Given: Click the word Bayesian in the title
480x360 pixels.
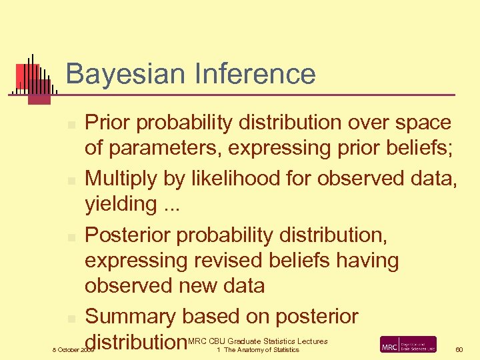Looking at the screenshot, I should coord(121,74).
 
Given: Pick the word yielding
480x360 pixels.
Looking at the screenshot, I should coord(120,204).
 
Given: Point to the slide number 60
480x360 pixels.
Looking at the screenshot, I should coord(459,349).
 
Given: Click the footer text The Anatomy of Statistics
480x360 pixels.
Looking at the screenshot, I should coord(261,350).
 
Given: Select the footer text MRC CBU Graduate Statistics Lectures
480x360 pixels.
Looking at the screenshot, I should coord(259,341).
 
